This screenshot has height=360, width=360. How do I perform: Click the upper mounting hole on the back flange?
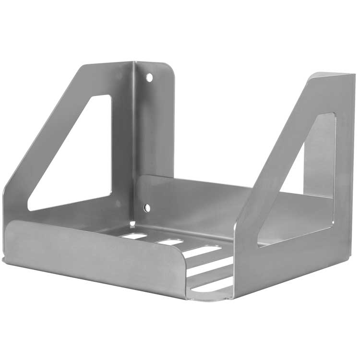[149, 77]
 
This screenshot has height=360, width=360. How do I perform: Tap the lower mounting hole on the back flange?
[147, 207]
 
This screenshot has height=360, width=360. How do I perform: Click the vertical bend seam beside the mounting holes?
[135, 144]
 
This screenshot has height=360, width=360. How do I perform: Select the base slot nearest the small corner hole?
[134, 236]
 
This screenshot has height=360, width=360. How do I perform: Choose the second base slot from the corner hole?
[170, 242]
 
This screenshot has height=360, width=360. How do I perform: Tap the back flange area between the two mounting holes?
[154, 144]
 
